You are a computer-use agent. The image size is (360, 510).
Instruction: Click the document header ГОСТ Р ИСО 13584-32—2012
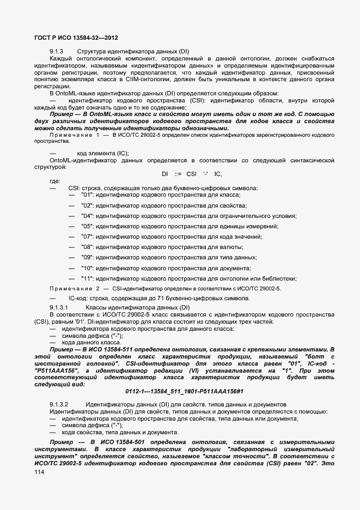72,38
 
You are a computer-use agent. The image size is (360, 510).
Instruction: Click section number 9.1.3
57,51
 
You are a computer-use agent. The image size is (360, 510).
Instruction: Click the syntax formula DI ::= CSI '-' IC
192,174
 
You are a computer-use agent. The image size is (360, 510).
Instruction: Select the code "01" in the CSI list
87,195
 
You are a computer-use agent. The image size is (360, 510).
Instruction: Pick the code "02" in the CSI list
87,205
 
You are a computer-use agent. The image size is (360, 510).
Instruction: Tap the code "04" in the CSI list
87,216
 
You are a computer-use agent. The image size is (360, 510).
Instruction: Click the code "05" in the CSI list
87,226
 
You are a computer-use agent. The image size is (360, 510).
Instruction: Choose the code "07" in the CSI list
87,236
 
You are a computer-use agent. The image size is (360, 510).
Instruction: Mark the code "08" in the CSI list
87,247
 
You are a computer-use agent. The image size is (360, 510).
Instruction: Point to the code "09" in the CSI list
87,257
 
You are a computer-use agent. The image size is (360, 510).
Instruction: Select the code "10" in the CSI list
87,268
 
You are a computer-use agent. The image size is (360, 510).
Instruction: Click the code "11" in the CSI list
87,278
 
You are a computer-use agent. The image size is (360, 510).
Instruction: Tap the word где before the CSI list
55,181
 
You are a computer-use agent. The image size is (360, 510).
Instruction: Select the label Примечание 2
74,288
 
